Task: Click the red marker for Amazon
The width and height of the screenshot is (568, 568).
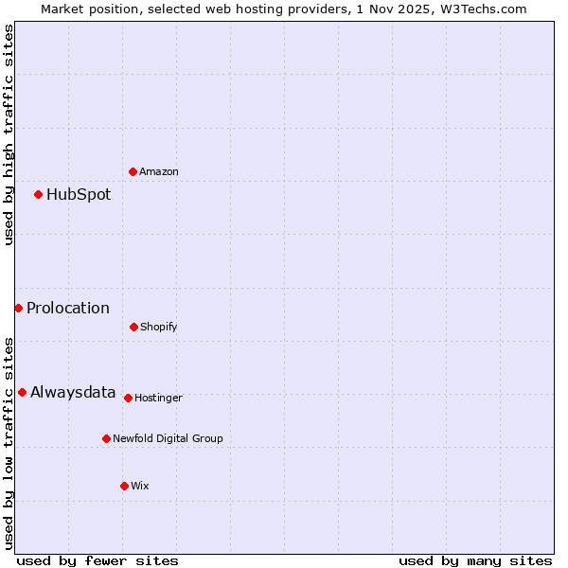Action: coord(133,171)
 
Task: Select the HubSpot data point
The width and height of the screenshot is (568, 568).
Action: coord(39,194)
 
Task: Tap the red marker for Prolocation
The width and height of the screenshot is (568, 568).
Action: coord(18,308)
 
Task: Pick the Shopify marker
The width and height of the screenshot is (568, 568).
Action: coord(133,327)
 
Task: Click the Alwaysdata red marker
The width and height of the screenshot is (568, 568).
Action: coord(22,392)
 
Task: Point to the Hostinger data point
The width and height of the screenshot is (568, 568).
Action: coord(128,398)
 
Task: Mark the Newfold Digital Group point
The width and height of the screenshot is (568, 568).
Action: coord(106,438)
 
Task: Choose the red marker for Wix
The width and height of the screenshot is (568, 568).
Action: coord(124,486)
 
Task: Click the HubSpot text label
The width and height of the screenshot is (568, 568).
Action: coord(79,195)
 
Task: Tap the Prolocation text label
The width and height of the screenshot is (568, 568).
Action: coord(68,309)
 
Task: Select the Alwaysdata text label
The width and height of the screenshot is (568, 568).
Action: coord(73,393)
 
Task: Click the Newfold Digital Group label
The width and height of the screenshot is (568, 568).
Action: coord(168,438)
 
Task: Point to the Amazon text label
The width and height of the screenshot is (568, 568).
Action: coord(159,172)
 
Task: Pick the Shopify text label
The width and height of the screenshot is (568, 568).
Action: coord(159,328)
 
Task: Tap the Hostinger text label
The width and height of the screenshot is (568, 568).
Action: coord(158,399)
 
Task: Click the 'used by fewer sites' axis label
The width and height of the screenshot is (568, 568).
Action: coord(98,560)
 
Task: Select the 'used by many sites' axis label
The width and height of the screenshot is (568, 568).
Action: coord(475,560)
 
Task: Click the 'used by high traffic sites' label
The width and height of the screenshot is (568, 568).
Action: coord(9,134)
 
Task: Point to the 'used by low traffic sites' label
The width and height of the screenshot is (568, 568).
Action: coord(9,442)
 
